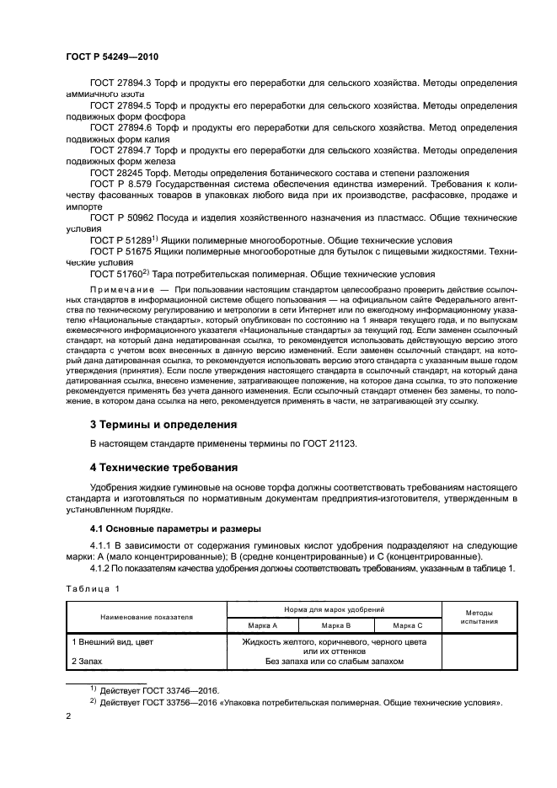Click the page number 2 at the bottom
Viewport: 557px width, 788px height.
pyautogui.click(x=69, y=716)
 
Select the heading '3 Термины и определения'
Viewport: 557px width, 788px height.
pyautogui.click(x=163, y=423)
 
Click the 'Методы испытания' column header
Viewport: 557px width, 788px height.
pyautogui.click(x=478, y=617)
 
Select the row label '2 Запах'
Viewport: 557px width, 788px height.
pyautogui.click(x=85, y=662)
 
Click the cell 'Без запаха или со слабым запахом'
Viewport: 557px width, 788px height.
pyautogui.click(x=334, y=662)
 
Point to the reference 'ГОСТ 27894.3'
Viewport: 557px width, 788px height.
pyautogui.click(x=121, y=84)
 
